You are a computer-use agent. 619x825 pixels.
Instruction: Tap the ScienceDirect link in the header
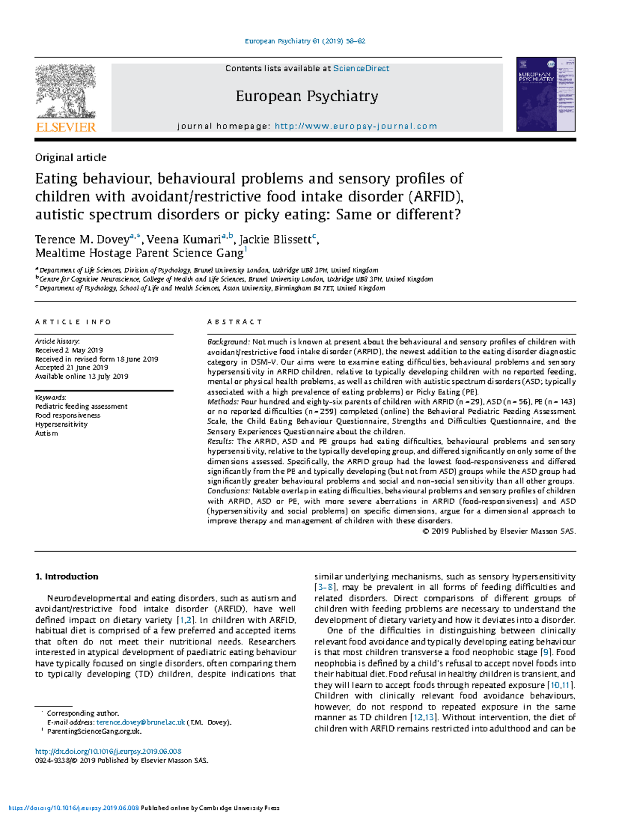pos(361,69)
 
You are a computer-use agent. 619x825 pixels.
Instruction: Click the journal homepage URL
pos(356,126)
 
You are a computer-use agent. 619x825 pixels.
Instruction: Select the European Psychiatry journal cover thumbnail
pos(546,94)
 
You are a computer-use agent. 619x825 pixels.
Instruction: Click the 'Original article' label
pos(71,158)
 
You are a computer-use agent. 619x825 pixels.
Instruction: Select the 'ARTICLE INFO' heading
pos(73,322)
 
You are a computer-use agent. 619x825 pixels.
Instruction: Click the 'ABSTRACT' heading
pos(235,322)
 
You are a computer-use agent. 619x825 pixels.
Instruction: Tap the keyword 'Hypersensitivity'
pos(61,425)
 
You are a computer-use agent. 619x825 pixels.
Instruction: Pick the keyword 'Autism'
pos(46,433)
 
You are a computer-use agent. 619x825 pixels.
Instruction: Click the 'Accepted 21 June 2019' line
pos(72,368)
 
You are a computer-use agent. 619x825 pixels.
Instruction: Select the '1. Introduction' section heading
pos(67,577)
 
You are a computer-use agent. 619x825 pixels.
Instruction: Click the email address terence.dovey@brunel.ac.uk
pos(140,722)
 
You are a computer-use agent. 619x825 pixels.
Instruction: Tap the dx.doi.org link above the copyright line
pos(108,752)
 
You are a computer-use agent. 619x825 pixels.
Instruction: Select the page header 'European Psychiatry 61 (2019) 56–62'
pos(305,41)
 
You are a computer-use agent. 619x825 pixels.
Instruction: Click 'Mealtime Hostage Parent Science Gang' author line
pos(139,253)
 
